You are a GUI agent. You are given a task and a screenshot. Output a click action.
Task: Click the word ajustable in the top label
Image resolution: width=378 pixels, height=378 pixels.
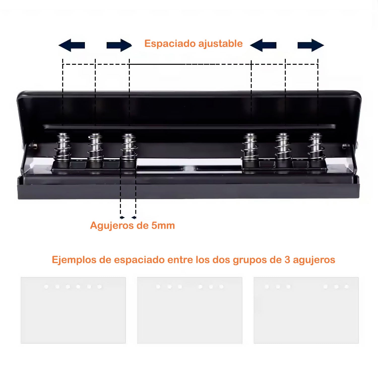click(220, 43)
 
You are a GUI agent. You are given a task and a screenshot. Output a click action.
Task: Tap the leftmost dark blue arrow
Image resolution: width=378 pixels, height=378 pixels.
click(72, 45)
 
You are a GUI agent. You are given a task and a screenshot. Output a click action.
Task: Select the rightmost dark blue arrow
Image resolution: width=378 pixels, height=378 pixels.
click(311, 45)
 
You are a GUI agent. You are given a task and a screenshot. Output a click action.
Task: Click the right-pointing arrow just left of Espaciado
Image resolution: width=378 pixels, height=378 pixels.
click(119, 45)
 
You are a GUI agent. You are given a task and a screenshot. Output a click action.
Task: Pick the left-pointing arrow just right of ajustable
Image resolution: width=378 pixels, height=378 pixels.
click(263, 45)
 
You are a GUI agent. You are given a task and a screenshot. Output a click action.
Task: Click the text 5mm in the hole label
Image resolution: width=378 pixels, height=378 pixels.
click(163, 225)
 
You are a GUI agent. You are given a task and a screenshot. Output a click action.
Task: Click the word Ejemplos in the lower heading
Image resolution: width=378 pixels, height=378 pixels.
click(74, 260)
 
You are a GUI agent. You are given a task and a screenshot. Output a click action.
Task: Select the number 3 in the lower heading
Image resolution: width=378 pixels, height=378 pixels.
click(287, 260)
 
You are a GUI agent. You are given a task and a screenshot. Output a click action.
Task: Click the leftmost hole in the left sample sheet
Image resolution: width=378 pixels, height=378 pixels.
click(46, 287)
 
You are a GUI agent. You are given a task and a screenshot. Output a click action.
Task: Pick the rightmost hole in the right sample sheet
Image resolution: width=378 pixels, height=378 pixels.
click(347, 287)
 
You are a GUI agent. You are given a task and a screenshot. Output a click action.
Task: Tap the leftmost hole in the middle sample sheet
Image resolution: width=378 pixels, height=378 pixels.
click(158, 287)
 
